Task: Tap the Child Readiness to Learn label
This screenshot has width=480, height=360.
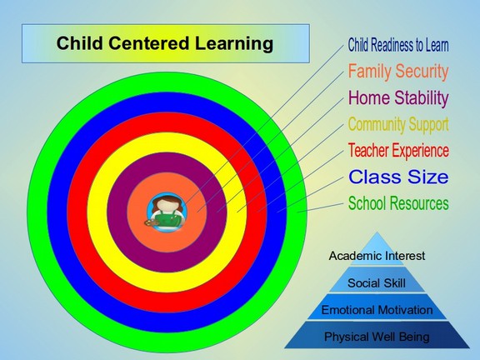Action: [x=398, y=45]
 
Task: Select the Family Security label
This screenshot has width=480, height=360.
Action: [x=398, y=72]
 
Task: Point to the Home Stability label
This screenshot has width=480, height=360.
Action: [x=398, y=98]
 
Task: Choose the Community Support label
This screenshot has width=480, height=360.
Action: [x=398, y=125]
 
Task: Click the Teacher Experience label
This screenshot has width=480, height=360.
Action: [x=398, y=150]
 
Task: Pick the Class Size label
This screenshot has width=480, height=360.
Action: [x=398, y=177]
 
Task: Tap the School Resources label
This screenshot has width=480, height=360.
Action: [x=398, y=203]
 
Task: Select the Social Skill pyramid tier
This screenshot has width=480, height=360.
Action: [x=377, y=279]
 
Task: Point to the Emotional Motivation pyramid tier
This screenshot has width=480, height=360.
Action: [x=377, y=307]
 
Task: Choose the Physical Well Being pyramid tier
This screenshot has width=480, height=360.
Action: [x=377, y=335]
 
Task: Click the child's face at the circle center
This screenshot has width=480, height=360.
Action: [x=167, y=205]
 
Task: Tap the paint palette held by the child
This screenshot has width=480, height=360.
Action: [x=151, y=223]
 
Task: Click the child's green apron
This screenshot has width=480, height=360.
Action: [x=167, y=219]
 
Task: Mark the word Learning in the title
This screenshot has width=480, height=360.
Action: [x=234, y=43]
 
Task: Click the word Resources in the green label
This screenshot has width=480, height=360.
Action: [x=419, y=203]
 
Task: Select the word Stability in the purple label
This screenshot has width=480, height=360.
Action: [x=422, y=98]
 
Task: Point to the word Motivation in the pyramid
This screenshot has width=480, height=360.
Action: [x=405, y=310]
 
